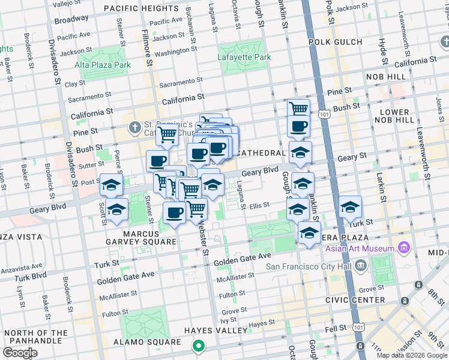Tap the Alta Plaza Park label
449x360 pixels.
click(x=103, y=65)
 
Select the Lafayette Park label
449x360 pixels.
click(x=244, y=58)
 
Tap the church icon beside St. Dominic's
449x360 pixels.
click(x=134, y=128)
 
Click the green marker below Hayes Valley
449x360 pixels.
click(x=197, y=347)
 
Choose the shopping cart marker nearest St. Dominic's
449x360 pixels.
click(x=167, y=136)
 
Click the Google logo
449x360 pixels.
click(x=20, y=353)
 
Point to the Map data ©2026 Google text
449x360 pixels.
click(x=412, y=355)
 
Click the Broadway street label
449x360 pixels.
click(x=71, y=20)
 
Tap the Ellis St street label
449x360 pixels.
click(x=259, y=205)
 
